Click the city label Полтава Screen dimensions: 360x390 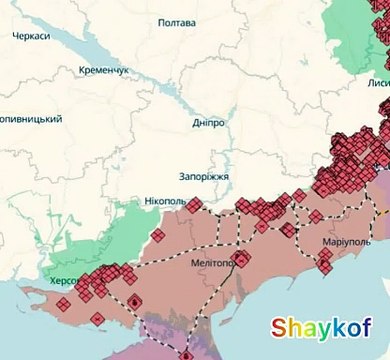tap(177, 21)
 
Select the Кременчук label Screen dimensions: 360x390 tap(105, 71)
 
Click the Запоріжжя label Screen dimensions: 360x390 tap(204, 176)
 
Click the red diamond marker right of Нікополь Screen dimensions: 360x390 tap(195, 204)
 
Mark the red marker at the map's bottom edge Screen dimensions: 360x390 tap(186, 354)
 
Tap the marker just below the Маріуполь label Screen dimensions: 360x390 tap(324, 265)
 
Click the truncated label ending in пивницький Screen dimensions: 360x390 tap(30, 118)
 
